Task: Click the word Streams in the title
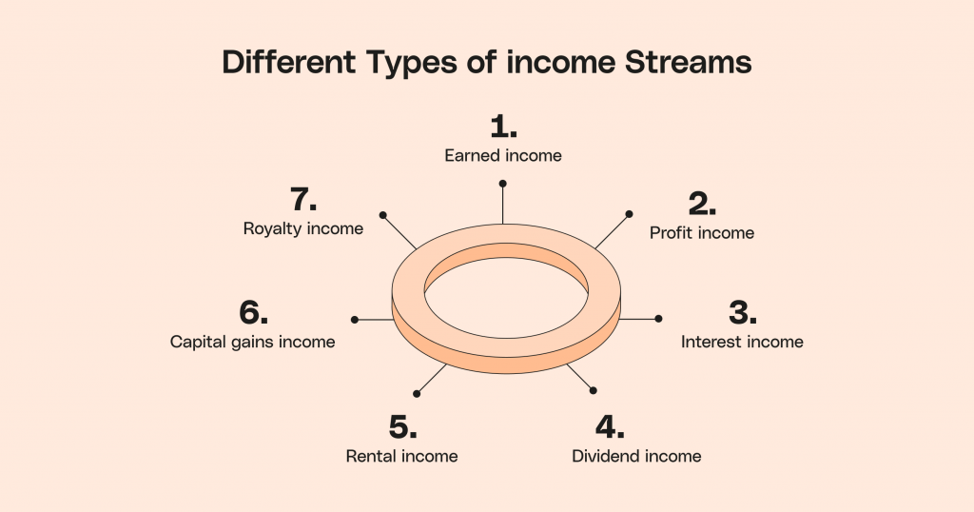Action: [x=688, y=62]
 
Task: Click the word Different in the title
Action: [x=289, y=62]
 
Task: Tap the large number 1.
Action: [x=503, y=127]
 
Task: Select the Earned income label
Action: [x=503, y=155]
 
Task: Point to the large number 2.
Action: [x=702, y=204]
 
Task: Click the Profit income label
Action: [x=702, y=233]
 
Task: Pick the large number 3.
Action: [x=742, y=312]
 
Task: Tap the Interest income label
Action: [x=742, y=342]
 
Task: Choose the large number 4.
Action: [x=610, y=426]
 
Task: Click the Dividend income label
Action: [x=636, y=456]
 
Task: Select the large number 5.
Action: [x=403, y=427]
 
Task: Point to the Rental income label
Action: [x=402, y=456]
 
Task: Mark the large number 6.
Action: [x=253, y=312]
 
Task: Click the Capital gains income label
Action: [x=253, y=342]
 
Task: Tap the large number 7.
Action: [x=303, y=200]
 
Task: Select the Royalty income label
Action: [x=303, y=228]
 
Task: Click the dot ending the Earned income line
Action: [x=502, y=184]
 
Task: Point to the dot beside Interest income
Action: [x=658, y=319]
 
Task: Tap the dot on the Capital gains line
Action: [x=355, y=320]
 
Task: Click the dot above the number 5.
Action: [x=417, y=393]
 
